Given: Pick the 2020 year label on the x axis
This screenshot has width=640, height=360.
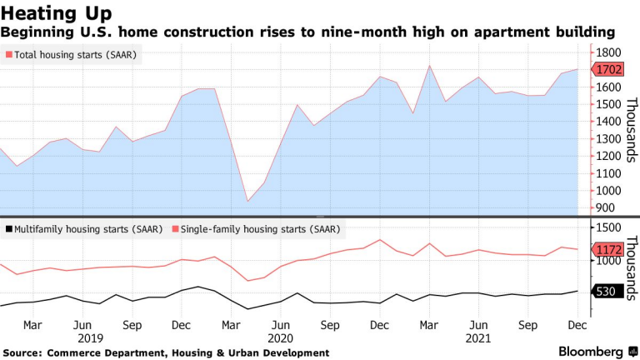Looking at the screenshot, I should (x=281, y=338).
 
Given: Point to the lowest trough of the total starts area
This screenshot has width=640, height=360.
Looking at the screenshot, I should (x=247, y=201).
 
